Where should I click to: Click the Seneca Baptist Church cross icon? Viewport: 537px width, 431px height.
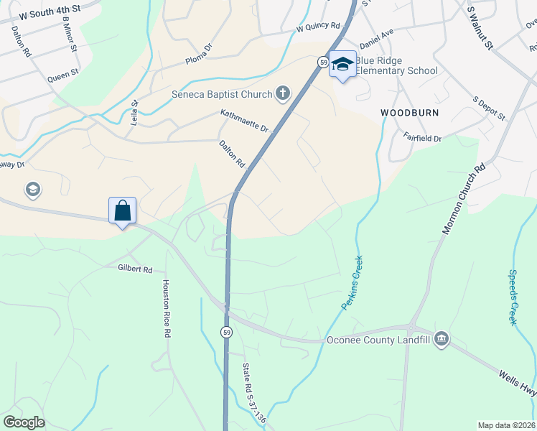[284, 93]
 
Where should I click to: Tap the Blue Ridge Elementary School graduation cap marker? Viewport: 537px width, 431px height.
[343, 65]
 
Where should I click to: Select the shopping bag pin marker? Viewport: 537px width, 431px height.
[123, 210]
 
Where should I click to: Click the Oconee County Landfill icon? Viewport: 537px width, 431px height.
[442, 339]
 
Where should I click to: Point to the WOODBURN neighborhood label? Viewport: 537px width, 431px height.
[409, 113]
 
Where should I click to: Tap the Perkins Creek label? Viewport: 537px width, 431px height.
[352, 284]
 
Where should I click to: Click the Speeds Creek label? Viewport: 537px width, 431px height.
[513, 297]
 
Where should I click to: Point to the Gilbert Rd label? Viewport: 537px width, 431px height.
[136, 269]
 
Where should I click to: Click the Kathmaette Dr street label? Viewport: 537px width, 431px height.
[245, 121]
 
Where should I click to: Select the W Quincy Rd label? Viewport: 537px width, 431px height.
[318, 27]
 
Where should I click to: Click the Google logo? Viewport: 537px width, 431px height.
[24, 422]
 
